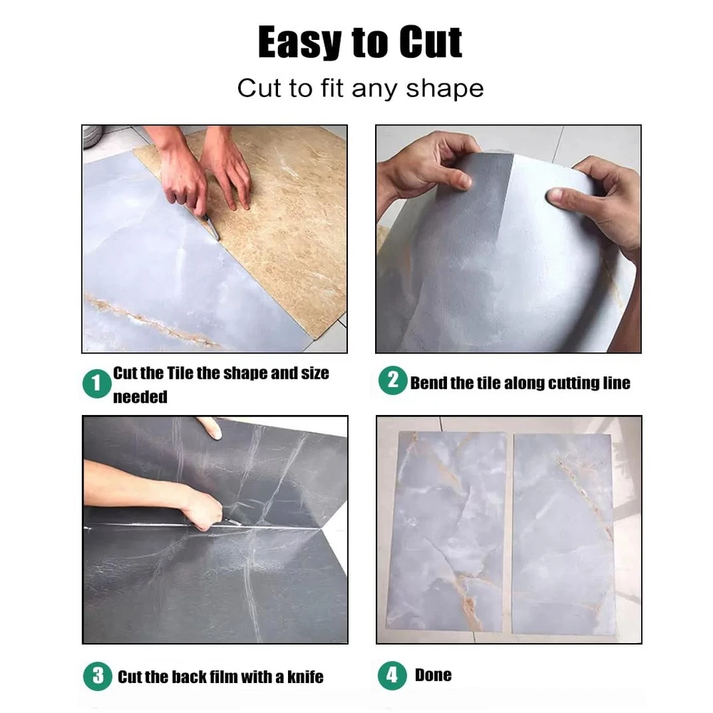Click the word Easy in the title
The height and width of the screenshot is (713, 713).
pyautogui.click(x=299, y=42)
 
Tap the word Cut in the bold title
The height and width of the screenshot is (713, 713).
pyautogui.click(x=431, y=42)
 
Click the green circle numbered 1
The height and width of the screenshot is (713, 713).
pyautogui.click(x=97, y=384)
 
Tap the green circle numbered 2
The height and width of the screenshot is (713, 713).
pyautogui.click(x=392, y=380)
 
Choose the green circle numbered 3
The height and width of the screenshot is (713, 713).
pyautogui.click(x=98, y=676)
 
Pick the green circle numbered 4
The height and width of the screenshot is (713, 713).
pyautogui.click(x=392, y=675)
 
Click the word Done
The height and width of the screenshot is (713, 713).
pyautogui.click(x=433, y=675)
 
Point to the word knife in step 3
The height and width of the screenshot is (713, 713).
pyautogui.click(x=305, y=677)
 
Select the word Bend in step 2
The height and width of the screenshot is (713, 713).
pyautogui.click(x=429, y=383)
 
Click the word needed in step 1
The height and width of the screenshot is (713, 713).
pyautogui.click(x=140, y=397)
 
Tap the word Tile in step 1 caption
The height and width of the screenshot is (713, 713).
pyautogui.click(x=180, y=373)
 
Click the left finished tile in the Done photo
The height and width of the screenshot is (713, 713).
pyautogui.click(x=448, y=532)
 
